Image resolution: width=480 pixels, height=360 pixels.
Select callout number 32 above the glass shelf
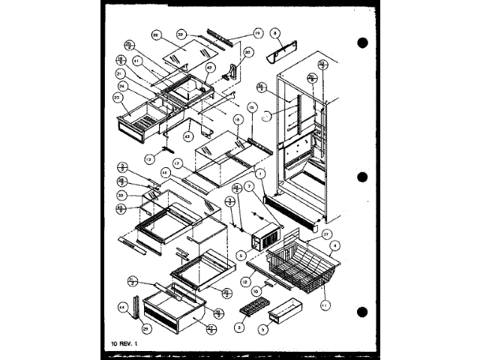pos(181,34)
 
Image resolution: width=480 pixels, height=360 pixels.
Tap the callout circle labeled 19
pos(236,33)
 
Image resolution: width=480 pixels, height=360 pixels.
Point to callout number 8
pos(275,34)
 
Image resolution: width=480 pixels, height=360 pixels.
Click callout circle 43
pos(187,136)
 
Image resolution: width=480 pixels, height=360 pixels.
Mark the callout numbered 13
pos(149,159)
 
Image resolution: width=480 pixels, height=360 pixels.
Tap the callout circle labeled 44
pos(122,307)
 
